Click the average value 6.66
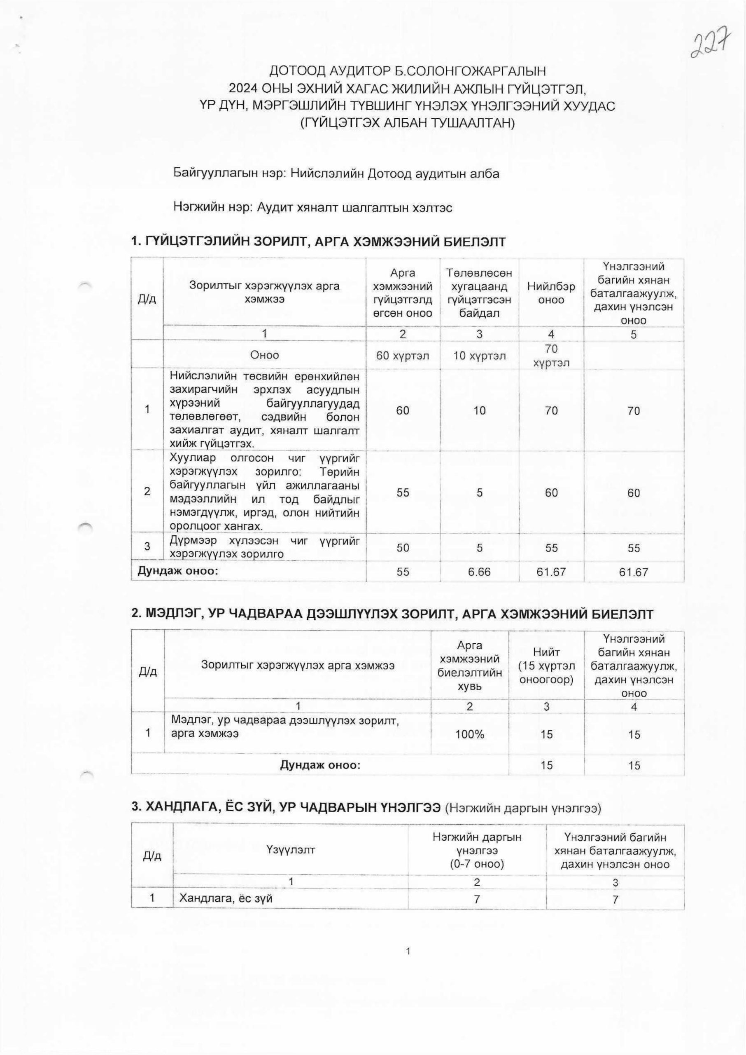click(479, 572)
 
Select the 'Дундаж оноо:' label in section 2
click(320, 765)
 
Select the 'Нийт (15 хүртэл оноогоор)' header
click(546, 666)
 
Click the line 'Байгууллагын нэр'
click(336, 174)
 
